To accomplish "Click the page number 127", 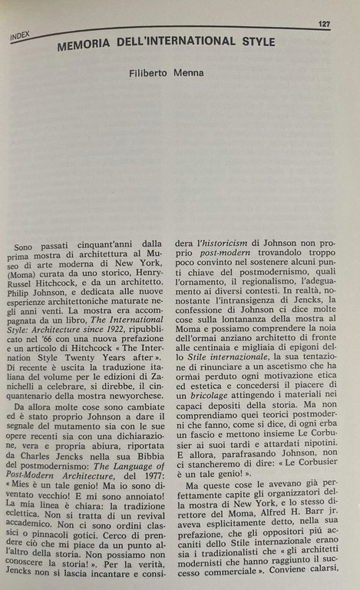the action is coord(324,24).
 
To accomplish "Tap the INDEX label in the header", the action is coord(24,35).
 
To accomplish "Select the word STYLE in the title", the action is coord(254,41).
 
